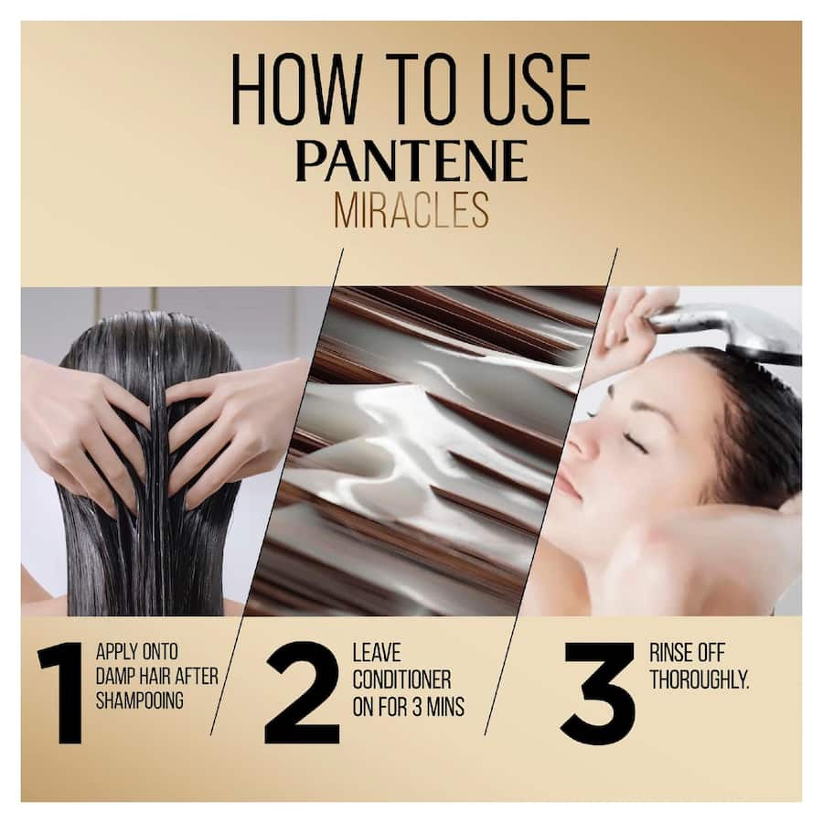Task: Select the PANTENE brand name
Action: tap(411, 162)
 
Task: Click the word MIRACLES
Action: tap(411, 209)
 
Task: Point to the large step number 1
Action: tap(62, 692)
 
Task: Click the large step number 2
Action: tap(302, 692)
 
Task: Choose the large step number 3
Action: tap(598, 692)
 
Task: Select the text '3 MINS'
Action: tap(434, 705)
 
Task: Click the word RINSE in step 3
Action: tap(669, 654)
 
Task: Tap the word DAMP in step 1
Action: tap(114, 679)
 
